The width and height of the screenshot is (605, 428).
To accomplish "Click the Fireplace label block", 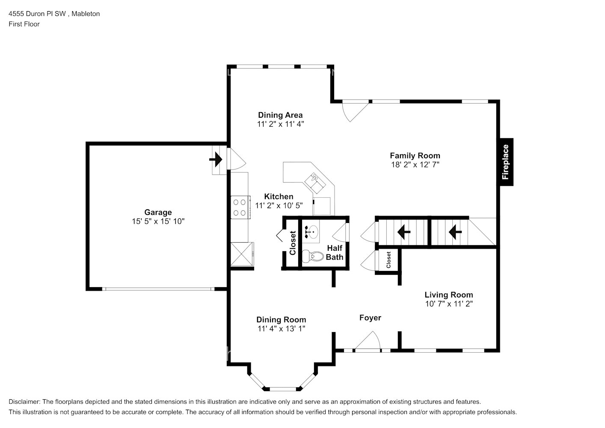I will click(505, 162).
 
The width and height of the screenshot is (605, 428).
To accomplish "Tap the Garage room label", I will click(158, 212).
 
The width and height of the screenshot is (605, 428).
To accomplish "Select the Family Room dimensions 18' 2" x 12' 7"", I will click(415, 164).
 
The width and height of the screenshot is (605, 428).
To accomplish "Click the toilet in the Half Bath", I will click(313, 256).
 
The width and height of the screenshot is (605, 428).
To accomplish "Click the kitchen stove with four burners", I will click(240, 207).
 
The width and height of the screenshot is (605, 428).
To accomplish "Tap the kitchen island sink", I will click(316, 181).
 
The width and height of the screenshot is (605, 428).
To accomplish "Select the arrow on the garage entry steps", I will click(216, 160).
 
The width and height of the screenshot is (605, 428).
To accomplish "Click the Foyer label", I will click(370, 318).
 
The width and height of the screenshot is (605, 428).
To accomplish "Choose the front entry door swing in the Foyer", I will click(370, 342).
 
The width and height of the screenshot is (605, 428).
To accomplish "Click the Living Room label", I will click(448, 294).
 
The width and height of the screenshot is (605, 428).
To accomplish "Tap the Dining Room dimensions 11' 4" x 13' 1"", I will click(281, 329).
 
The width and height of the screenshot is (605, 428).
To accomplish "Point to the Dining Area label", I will click(280, 115).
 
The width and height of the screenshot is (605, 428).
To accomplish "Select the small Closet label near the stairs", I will click(389, 260).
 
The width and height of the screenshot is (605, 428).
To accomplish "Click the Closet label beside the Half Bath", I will click(293, 243).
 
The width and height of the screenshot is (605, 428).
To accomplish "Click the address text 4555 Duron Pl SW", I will click(38, 14).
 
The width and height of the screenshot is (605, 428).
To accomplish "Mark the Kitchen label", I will click(279, 196).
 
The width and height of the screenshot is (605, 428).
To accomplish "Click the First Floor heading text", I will click(24, 24).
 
